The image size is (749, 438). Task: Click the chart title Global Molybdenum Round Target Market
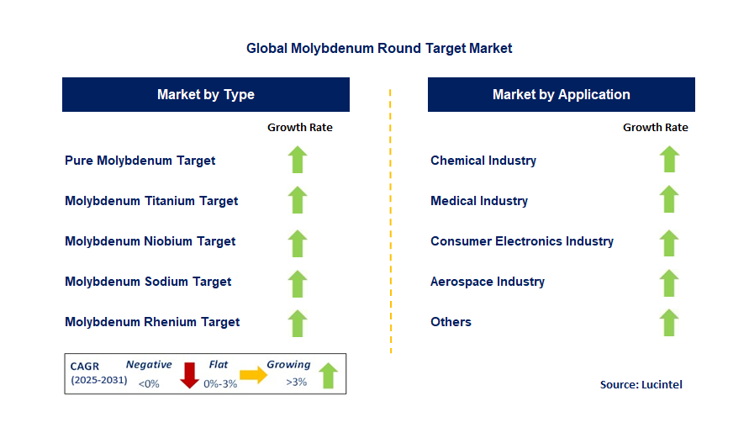(379, 49)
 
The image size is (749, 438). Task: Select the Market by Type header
(206, 95)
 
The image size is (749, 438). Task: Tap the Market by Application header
(561, 95)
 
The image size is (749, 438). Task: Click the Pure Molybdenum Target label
(140, 161)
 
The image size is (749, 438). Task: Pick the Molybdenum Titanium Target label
(151, 201)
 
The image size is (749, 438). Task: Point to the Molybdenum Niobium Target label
(150, 241)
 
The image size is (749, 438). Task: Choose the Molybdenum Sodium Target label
(148, 282)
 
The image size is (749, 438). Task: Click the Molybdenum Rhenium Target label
(152, 322)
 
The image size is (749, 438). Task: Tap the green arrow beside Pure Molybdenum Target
(298, 160)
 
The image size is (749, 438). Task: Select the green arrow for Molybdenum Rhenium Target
(298, 322)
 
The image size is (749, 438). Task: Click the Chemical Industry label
(483, 161)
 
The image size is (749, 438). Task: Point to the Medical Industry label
(479, 201)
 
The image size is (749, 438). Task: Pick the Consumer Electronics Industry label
(522, 241)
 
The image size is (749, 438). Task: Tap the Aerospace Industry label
(488, 282)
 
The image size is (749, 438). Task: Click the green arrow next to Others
(669, 322)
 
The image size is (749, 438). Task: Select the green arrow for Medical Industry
(669, 200)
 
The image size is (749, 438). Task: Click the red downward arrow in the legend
(189, 375)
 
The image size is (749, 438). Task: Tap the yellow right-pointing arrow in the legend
(253, 375)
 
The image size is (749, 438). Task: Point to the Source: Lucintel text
(641, 384)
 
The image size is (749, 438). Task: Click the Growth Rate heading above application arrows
(655, 128)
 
